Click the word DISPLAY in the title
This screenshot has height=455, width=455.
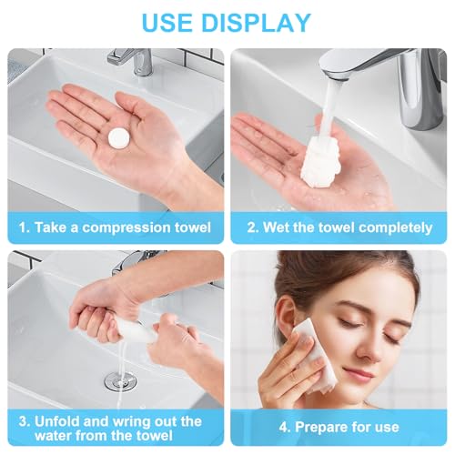[258, 22]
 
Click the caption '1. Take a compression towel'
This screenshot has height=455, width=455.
[115, 227]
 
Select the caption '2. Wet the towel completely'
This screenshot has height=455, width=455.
[339, 227]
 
